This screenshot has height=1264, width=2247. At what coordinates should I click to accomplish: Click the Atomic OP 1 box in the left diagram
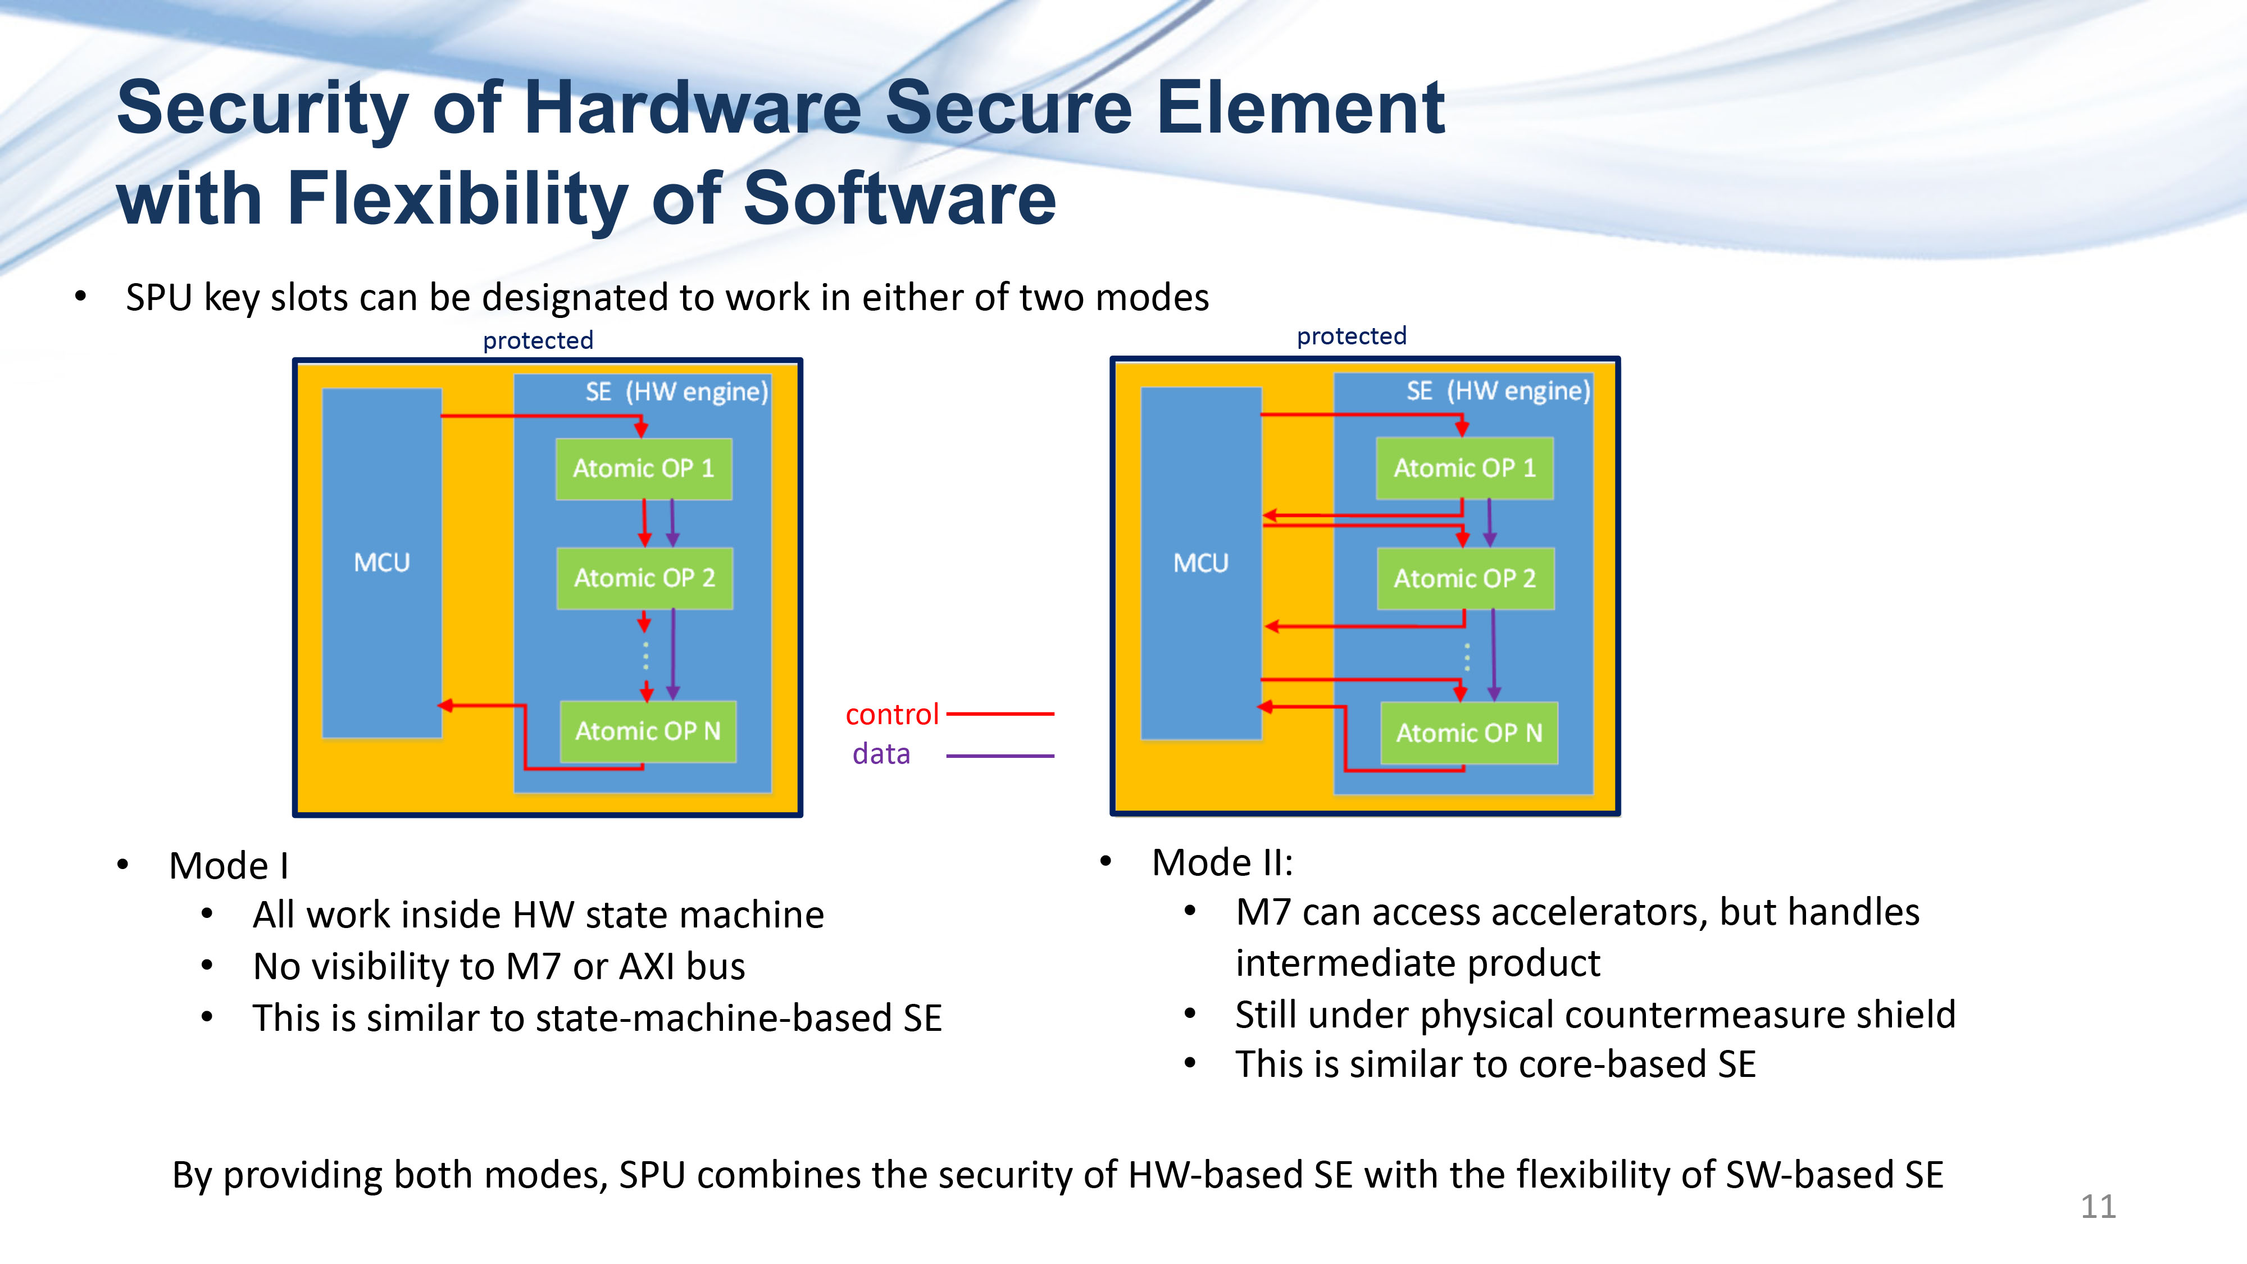(644, 469)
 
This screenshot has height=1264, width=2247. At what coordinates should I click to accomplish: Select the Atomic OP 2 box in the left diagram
(645, 578)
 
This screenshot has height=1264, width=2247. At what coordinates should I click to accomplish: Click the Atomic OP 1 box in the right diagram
(1464, 467)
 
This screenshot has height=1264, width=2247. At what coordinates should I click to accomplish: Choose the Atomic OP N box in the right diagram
(1469, 733)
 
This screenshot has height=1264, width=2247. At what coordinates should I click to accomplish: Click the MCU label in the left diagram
(382, 563)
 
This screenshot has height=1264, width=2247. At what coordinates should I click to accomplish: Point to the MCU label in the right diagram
(1201, 563)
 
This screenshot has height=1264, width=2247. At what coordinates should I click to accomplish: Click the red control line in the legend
(1000, 713)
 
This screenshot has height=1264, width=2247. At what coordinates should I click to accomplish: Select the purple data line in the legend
(1000, 756)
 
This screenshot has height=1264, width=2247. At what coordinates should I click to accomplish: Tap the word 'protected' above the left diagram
(538, 340)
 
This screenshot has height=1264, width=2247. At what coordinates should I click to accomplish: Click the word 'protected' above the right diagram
(1352, 336)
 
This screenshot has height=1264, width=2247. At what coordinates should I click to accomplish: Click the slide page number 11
(2098, 1207)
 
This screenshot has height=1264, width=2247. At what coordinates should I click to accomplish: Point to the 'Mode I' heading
(229, 865)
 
